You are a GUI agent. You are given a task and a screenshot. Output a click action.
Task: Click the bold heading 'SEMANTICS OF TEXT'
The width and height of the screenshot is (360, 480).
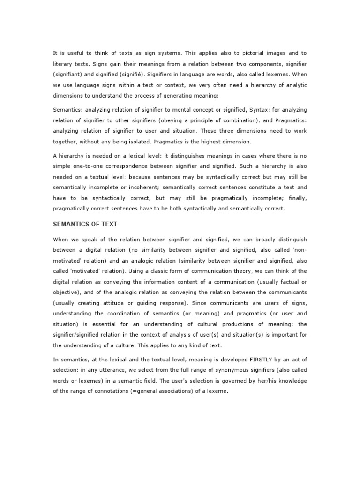point(84,225)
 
